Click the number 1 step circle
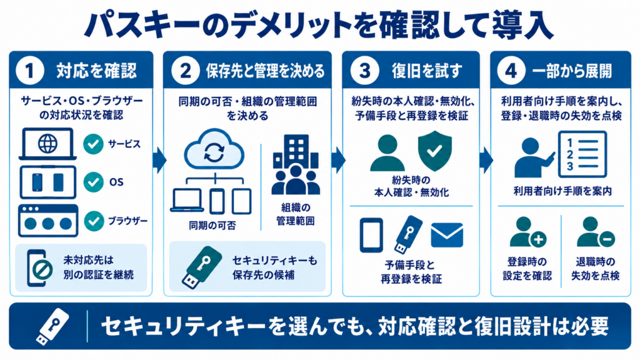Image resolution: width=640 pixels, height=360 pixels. [x=30, y=70]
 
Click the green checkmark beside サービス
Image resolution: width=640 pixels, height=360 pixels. [x=94, y=144]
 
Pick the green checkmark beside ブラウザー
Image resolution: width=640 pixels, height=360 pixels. [x=94, y=221]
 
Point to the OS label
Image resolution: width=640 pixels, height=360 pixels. [x=116, y=182]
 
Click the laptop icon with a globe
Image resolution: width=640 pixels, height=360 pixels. [x=47, y=144]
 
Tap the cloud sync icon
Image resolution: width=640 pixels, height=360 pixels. [x=214, y=149]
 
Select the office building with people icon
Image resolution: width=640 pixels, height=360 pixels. [x=296, y=164]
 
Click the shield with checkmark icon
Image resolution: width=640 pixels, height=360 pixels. [x=435, y=151]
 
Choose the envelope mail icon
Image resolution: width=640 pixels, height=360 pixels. [x=447, y=235]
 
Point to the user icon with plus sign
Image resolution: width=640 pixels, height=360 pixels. [x=527, y=232]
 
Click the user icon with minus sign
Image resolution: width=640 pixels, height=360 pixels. [x=596, y=232]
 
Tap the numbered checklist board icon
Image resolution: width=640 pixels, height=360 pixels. [x=582, y=154]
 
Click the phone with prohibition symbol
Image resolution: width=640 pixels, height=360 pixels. [x=39, y=268]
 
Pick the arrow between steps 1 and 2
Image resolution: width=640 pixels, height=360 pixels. [x=159, y=161]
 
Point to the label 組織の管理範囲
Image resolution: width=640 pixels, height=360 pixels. [x=296, y=214]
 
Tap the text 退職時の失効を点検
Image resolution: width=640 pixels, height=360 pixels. [x=595, y=269]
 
